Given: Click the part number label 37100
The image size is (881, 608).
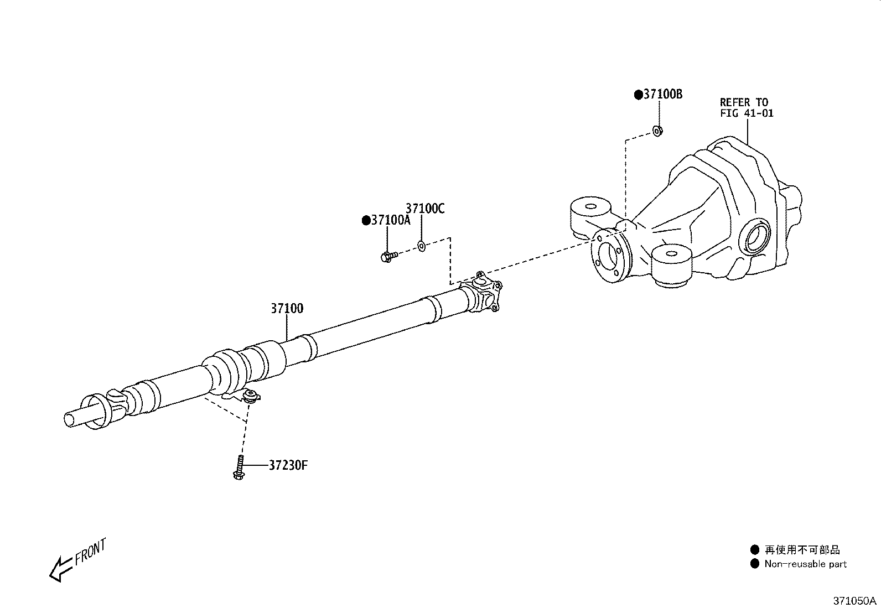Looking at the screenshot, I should (287, 309).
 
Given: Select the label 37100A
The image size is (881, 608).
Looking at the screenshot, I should (391, 220).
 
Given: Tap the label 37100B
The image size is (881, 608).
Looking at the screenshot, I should (662, 95).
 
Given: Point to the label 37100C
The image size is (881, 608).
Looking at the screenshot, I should (425, 209).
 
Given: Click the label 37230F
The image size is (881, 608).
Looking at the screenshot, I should (288, 465).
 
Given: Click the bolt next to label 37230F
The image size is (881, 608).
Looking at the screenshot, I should (239, 467).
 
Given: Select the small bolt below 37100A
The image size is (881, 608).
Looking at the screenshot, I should (388, 256).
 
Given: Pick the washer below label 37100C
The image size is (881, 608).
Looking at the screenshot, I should (421, 246).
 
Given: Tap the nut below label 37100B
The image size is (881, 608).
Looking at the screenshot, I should (657, 131).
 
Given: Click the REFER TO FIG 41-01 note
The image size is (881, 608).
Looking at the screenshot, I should (746, 108).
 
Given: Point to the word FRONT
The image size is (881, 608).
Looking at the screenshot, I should (90, 551).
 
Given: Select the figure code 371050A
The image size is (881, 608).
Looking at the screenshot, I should (855, 601).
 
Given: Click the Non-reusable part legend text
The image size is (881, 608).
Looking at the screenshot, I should (805, 564).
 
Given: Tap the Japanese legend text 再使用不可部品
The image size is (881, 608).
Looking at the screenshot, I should (802, 550).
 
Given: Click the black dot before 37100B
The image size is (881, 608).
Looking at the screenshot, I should (638, 95).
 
